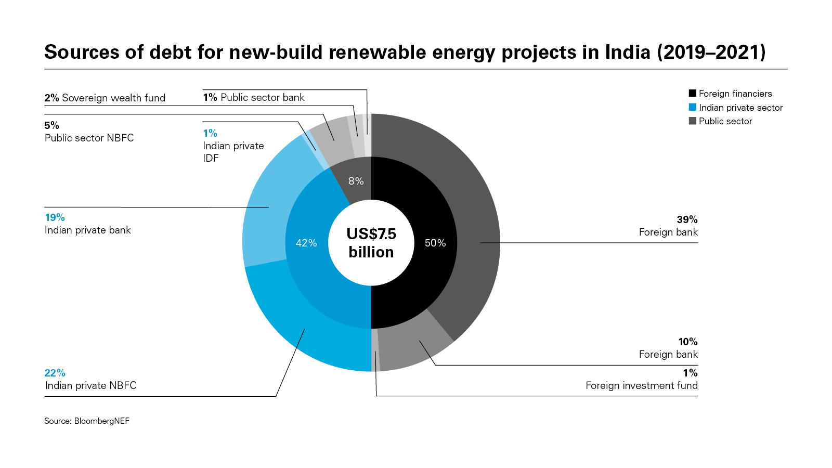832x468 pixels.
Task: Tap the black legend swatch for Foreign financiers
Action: [x=692, y=94]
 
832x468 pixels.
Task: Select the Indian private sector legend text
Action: [x=740, y=108]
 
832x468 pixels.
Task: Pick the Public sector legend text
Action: [x=725, y=121]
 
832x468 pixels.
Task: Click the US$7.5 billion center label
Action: [x=371, y=243]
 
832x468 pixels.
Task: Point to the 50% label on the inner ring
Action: [x=435, y=243]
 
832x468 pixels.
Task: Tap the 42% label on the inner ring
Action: [x=306, y=243]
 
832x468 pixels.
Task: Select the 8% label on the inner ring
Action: [x=356, y=181]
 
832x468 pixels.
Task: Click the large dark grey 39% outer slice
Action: [x=468, y=208]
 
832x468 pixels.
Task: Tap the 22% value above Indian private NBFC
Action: [x=55, y=373]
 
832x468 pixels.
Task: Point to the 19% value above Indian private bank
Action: [x=55, y=217]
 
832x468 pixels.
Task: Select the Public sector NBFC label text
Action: [x=89, y=138]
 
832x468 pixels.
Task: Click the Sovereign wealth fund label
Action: [x=113, y=98]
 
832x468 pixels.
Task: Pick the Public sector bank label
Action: [x=262, y=97]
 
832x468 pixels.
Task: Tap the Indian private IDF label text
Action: [x=233, y=152]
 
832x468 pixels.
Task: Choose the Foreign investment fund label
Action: [x=641, y=385]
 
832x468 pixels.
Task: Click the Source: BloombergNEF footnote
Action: [x=87, y=421]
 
